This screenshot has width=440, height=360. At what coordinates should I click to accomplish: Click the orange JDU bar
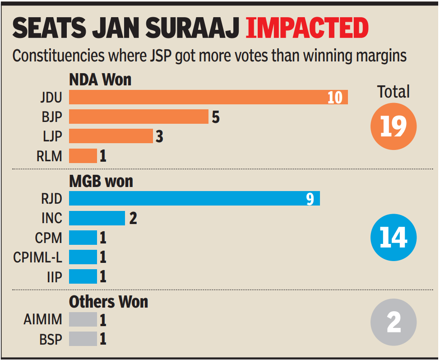tap(208, 97)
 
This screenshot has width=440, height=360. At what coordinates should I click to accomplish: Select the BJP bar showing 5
tap(139, 117)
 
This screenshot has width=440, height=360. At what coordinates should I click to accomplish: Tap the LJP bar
tap(111, 136)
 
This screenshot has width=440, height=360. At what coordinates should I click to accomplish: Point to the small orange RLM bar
tap(83, 155)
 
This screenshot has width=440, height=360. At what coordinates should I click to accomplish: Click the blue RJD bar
tap(194, 198)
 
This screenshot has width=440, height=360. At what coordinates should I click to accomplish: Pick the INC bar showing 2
tap(97, 218)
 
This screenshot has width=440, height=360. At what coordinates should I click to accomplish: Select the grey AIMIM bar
tap(83, 319)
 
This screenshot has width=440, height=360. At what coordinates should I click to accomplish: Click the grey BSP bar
tap(83, 339)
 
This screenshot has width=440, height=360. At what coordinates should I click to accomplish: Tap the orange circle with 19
tap(393, 126)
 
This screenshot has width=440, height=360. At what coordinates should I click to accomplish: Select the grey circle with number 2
tap(393, 322)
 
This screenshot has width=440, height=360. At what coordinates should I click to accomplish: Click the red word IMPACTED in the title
tap(307, 28)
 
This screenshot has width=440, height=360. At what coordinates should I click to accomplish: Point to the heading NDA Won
tap(100, 80)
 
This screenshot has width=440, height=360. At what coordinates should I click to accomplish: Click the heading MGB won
tap(101, 181)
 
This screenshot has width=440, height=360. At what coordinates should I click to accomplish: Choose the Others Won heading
tap(108, 301)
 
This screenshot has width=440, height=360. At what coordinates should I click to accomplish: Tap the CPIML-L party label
tap(38, 257)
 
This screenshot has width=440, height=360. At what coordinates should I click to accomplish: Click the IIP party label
tap(54, 276)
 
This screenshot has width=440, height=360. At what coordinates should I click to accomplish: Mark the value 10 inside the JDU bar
tap(335, 97)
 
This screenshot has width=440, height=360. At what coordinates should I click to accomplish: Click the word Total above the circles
tap(393, 92)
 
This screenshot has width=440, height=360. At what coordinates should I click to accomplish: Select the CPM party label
tap(48, 238)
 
